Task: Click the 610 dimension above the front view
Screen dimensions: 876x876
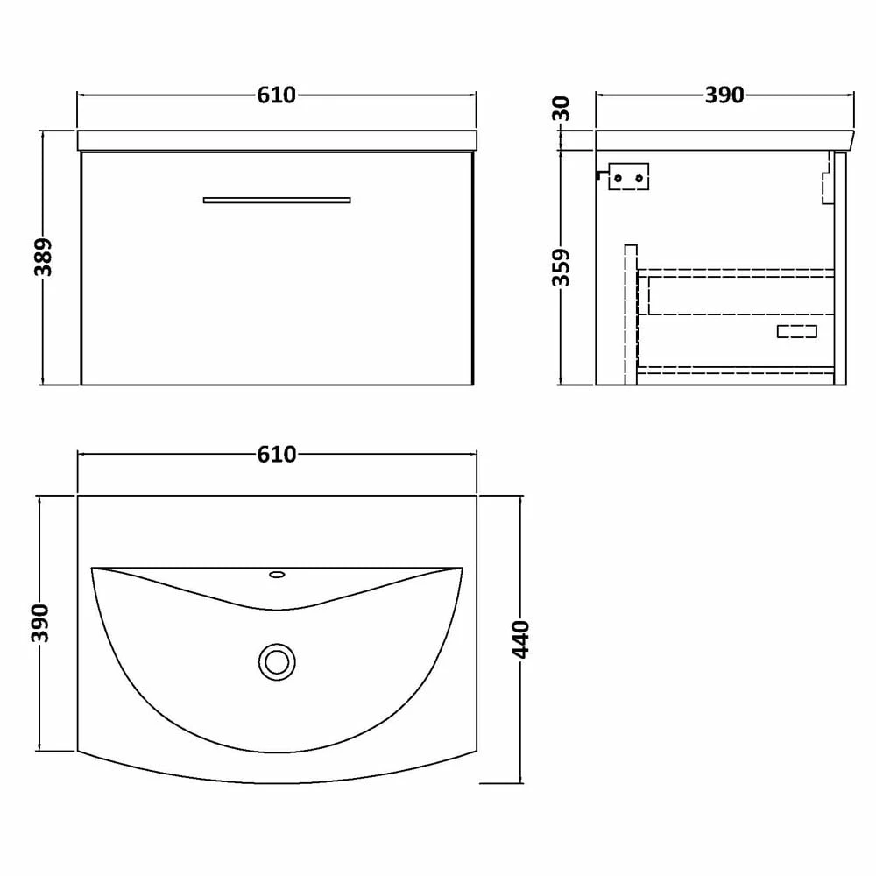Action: click(x=277, y=95)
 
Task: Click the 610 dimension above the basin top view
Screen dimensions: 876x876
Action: click(x=277, y=455)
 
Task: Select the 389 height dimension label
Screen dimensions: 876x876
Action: click(x=44, y=258)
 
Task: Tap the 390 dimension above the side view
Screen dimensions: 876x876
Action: click(x=724, y=95)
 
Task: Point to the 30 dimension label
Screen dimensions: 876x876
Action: click(x=562, y=109)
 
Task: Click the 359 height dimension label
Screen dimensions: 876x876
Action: click(x=562, y=266)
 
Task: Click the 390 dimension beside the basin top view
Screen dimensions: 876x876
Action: click(x=39, y=623)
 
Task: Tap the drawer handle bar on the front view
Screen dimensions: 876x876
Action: click(x=277, y=201)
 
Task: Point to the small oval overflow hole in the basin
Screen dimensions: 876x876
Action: click(x=277, y=575)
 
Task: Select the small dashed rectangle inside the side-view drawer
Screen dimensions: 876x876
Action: click(x=797, y=331)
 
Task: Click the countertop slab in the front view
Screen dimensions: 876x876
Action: click(x=277, y=141)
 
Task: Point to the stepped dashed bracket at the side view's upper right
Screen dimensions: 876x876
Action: click(x=825, y=180)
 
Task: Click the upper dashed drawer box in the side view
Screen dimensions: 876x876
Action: click(x=736, y=292)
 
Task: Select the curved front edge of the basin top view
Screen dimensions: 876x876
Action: click(x=277, y=781)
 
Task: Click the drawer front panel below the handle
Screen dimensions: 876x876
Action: click(x=277, y=298)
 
